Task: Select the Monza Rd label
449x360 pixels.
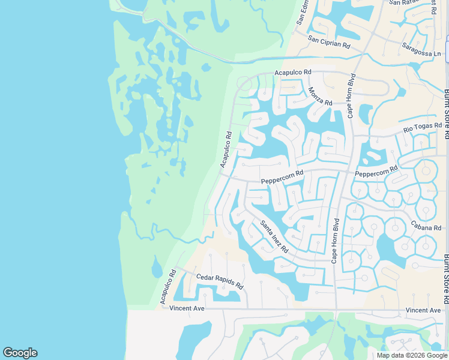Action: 319,97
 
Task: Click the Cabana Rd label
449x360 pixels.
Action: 426,227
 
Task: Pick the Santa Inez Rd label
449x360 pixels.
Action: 274,236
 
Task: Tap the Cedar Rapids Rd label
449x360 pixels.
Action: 219,281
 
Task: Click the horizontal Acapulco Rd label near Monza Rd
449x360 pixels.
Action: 293,73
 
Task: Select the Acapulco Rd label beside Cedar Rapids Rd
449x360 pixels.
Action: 167,286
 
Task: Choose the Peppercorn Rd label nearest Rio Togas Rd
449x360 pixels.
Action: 376,171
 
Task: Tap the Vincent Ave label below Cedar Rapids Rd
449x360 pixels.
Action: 187,308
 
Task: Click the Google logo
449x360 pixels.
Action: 20,353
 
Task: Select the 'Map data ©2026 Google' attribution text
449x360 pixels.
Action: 411,355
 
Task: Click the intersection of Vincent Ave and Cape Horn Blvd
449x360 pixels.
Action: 336,310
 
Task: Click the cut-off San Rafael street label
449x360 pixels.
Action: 403,2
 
